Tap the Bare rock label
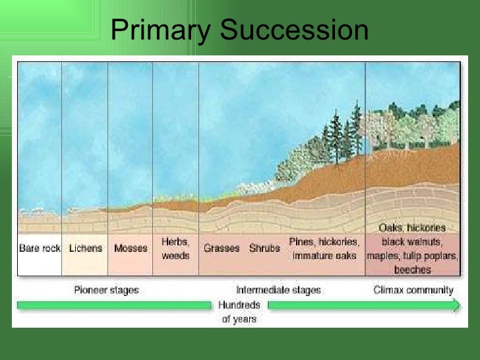coord(40,249)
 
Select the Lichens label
coord(85,249)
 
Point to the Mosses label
coord(130,249)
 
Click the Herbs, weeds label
coord(175,249)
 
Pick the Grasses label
coord(221,249)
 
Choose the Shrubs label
coord(264,249)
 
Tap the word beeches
coord(413,270)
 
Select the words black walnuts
coord(413,241)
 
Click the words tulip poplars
coord(435,256)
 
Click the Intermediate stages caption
coord(278,289)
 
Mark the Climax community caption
coord(413,289)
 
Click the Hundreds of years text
coord(240,313)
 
